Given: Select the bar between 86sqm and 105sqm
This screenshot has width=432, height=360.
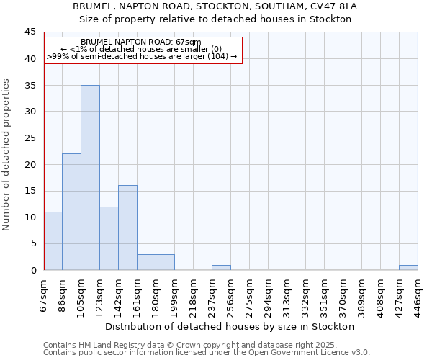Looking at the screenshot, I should pyautogui.click(x=71, y=212).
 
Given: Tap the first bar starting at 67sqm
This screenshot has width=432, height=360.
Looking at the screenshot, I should pyautogui.click(x=53, y=240).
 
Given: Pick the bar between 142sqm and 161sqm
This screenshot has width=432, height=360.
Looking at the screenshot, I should pyautogui.click(x=127, y=228).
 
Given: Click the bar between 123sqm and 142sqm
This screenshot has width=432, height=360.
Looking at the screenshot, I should pyautogui.click(x=109, y=238).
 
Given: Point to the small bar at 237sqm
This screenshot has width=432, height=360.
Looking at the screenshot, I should pyautogui.click(x=221, y=267).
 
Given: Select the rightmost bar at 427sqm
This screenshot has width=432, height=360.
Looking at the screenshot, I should pyautogui.click(x=408, y=267).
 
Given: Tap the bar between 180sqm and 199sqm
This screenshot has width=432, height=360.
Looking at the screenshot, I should pyautogui.click(x=165, y=262).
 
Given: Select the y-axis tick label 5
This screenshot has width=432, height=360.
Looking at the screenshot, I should pyautogui.click(x=32, y=243).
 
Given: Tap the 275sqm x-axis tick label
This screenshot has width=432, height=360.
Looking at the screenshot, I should pyautogui.click(x=249, y=294).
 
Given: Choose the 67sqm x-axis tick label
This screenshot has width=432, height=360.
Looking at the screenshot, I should pyautogui.click(x=44, y=294).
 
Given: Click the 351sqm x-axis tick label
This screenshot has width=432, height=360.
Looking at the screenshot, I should pyautogui.click(x=324, y=294).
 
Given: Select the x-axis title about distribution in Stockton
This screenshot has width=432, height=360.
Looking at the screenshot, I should pyautogui.click(x=225, y=326).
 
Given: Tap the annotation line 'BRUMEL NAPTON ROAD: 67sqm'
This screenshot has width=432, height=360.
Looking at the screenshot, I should pyautogui.click(x=141, y=42).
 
